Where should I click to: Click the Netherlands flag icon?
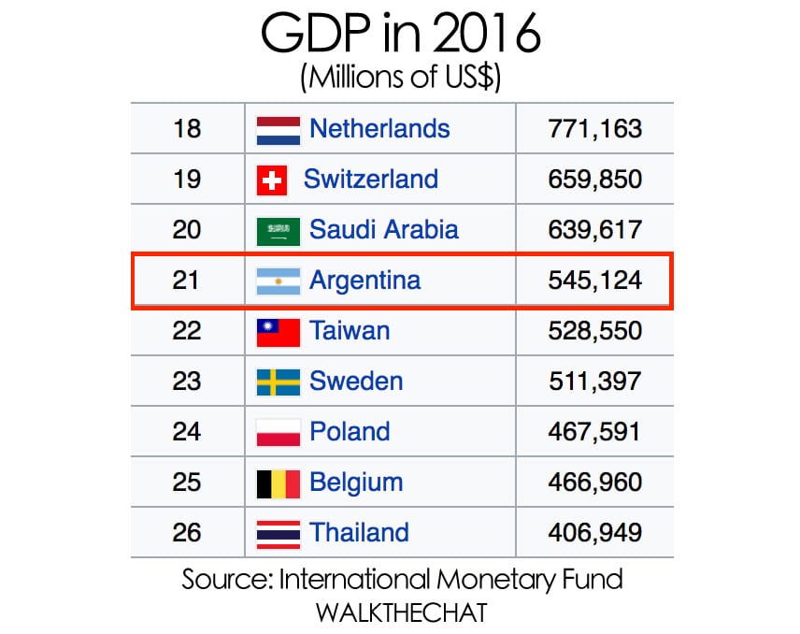(x=278, y=129)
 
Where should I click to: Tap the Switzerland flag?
(x=271, y=180)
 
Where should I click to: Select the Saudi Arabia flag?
(x=278, y=230)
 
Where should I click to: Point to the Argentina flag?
(x=278, y=280)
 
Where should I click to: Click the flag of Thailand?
(x=278, y=533)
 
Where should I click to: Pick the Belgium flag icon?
(x=278, y=483)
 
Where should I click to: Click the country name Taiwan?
(x=350, y=330)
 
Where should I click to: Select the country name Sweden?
(x=356, y=382)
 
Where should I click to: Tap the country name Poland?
(x=350, y=432)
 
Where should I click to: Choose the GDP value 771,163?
(x=595, y=129)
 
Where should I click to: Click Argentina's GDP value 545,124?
(x=595, y=280)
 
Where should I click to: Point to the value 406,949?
(x=595, y=533)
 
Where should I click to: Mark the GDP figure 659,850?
(x=595, y=180)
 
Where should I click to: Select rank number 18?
(x=187, y=129)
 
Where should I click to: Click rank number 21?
(x=187, y=280)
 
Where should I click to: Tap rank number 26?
(x=187, y=533)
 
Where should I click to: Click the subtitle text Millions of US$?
(x=400, y=79)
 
